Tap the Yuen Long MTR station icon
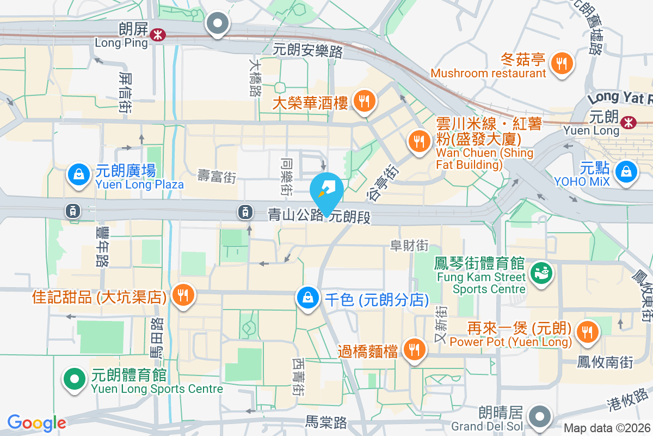629,122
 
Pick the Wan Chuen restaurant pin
418,142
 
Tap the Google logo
36,423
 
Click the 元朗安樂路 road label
308,51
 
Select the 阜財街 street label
409,246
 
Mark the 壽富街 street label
217,177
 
